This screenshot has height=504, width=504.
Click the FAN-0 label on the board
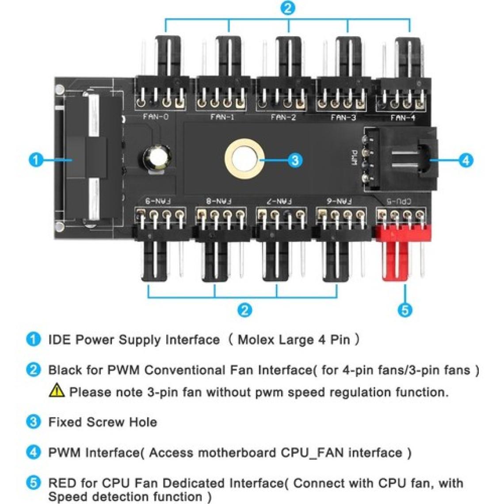[156, 116]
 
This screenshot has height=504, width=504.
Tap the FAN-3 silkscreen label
[343, 118]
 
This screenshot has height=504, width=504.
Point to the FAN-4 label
[403, 118]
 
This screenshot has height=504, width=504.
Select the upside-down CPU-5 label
[399, 202]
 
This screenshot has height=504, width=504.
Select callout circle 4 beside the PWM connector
[466, 160]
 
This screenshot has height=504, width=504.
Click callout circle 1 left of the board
[36, 160]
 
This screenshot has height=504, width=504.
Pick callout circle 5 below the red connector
[405, 310]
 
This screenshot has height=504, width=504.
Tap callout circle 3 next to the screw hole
[295, 160]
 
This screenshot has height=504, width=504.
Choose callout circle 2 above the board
[288, 8]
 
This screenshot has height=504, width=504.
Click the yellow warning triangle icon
[57, 390]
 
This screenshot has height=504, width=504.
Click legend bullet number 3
[34, 422]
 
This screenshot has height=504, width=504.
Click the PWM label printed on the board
[354, 158]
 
